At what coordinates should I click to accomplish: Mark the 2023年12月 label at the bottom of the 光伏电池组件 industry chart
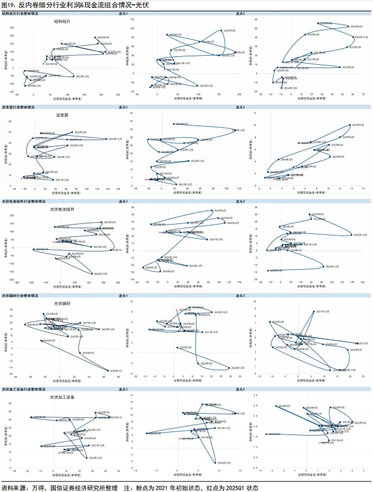pyautogui.click(x=100, y=274)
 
